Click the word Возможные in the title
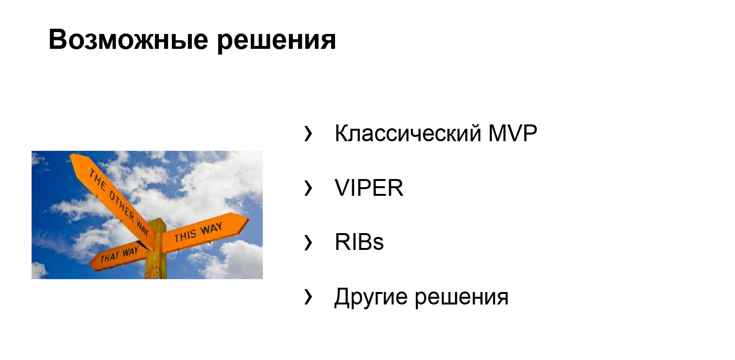(128, 40)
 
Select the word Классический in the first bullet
(408, 134)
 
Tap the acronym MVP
(513, 134)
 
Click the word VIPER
(369, 188)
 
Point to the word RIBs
(359, 243)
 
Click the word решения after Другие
(461, 297)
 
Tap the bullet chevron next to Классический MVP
(308, 134)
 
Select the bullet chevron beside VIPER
(308, 189)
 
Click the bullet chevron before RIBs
(308, 243)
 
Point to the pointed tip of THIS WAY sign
(246, 220)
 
